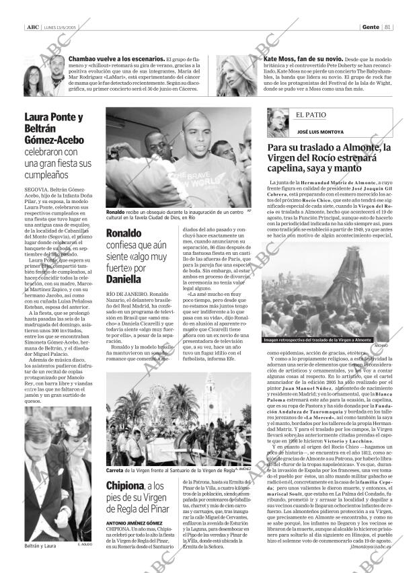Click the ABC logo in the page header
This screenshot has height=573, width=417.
[31, 28]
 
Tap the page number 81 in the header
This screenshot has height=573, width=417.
[389, 28]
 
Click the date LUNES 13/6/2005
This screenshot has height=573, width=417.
[58, 28]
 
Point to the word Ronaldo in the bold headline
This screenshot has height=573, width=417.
[124, 233]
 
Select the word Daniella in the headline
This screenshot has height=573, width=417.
[124, 276]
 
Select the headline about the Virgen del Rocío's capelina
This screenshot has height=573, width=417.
[329, 159]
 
